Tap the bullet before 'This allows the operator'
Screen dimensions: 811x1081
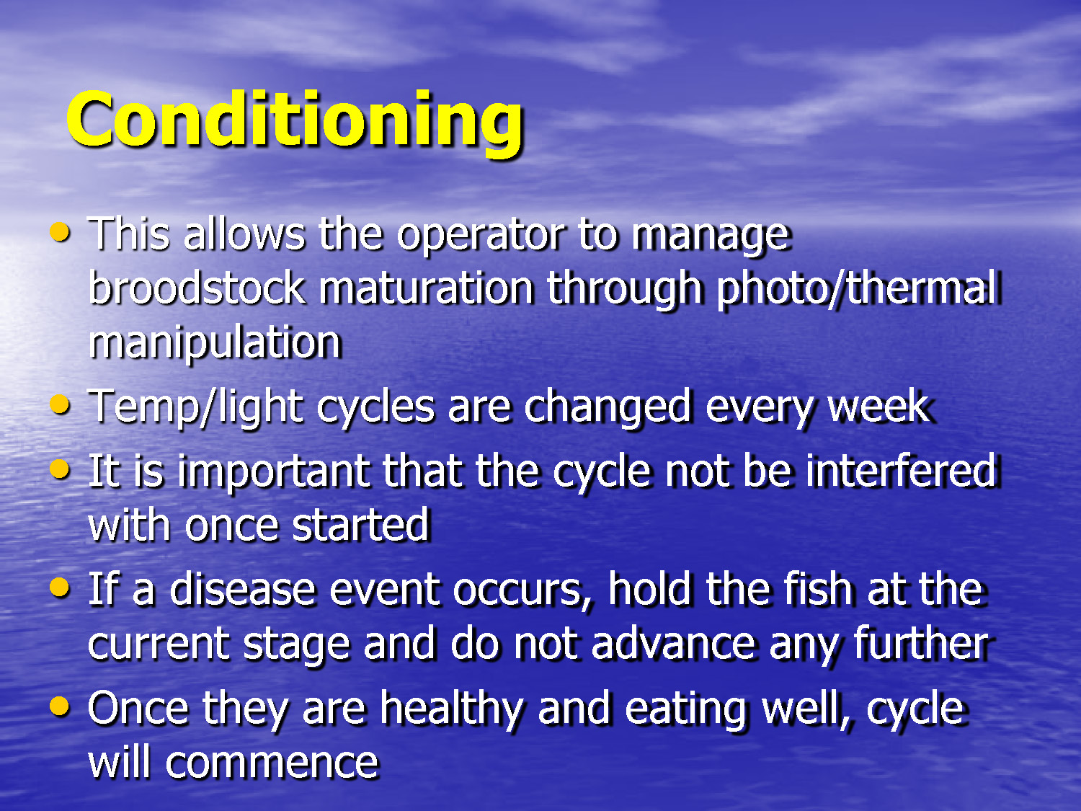61,232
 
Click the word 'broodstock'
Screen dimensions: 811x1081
197,288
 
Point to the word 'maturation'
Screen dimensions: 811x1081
426,288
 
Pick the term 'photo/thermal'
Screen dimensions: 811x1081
858,288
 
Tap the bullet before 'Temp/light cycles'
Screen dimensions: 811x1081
61,404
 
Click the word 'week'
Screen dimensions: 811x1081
880,407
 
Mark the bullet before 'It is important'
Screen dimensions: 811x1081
61,470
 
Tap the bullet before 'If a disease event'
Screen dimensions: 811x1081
61,588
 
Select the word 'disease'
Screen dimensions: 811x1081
243,590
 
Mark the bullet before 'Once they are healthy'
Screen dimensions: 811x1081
61,706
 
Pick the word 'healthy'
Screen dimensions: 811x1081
452,709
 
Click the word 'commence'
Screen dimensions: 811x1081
272,763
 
